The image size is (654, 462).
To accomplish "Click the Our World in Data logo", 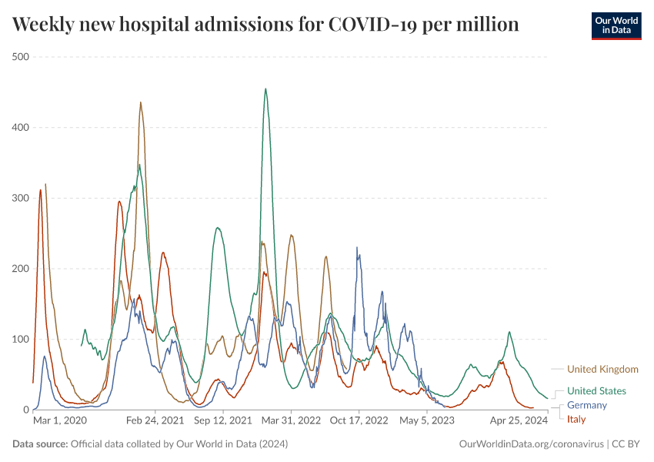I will click(x=616, y=25).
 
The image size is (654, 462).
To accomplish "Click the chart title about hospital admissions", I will click(x=265, y=25).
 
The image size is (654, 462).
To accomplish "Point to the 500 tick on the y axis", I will click(x=20, y=57).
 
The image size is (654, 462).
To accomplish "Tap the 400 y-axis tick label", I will click(x=20, y=128).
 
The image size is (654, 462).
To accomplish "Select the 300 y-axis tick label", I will click(x=20, y=198).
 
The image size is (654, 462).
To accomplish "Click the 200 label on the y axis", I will click(x=20, y=269).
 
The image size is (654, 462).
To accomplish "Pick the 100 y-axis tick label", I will click(x=20, y=340).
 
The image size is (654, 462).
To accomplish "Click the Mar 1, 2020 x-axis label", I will click(x=60, y=421).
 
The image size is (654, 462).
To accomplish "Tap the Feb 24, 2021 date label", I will click(x=155, y=421).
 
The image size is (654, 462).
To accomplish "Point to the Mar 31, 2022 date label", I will click(x=290, y=421).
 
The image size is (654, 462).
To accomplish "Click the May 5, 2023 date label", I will click(x=427, y=421).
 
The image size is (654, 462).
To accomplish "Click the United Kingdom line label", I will click(x=602, y=369).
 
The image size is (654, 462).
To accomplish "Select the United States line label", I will click(x=596, y=391).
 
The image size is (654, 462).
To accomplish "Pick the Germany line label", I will click(x=587, y=405).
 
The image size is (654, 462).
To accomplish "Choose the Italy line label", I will click(x=577, y=419).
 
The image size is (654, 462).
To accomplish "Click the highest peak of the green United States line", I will click(x=265, y=89).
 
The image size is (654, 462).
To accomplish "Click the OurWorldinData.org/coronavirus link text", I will click(x=531, y=444).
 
